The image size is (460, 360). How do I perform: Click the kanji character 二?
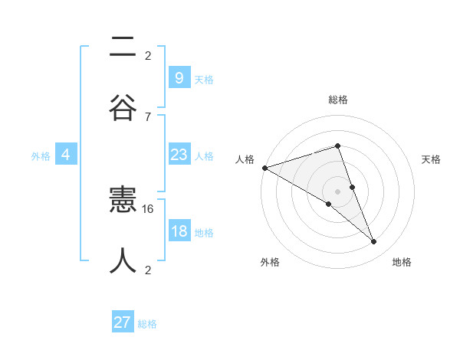tap(123, 47)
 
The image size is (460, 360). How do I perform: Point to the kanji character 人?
tap(123, 260)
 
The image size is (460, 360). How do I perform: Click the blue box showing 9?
tap(179, 77)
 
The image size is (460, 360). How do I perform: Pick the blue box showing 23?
tap(179, 155)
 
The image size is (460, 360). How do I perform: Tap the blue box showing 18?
tap(179, 232)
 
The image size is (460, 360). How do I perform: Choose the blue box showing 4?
tap(66, 155)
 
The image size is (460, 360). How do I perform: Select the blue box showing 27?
tap(123, 322)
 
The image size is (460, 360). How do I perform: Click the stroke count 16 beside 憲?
tap(148, 208)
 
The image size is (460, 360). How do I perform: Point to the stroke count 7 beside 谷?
tap(148, 116)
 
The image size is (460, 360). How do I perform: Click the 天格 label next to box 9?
tap(204, 79)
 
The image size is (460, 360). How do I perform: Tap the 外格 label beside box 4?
tap(41, 156)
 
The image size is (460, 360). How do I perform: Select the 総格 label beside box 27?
tap(147, 324)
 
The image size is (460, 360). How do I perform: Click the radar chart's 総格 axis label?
tap(337, 100)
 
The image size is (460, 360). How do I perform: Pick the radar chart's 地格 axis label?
tap(402, 262)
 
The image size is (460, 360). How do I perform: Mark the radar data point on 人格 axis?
tap(264, 168)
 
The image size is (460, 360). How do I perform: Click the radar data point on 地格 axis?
tap(374, 242)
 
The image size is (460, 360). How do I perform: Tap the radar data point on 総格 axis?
tap(337, 146)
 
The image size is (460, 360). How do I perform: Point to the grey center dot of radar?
tap(337, 191)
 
